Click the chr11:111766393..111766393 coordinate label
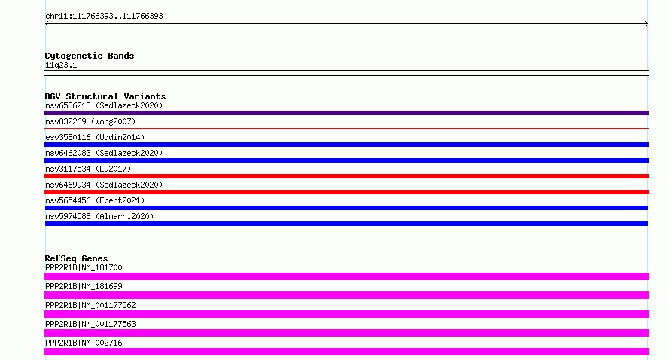pos(104,17)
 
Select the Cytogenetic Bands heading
pos(90,56)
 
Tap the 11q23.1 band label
pos(61,65)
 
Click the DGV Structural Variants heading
pos(105,96)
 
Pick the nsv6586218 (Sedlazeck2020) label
pos(104,105)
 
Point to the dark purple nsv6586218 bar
pos(346,113)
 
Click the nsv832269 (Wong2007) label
pos(90,121)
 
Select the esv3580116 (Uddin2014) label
pos(95,137)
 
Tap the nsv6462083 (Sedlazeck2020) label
pos(104,153)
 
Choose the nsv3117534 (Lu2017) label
pos(88,169)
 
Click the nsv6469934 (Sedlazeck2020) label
pos(104,185)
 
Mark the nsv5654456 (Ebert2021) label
pos(95,200)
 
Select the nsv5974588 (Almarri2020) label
pos(99,216)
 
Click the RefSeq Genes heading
pos(76,258)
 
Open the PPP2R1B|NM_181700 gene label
pos(84,267)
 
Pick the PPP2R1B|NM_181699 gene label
pos(84,286)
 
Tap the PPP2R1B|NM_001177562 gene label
pos(90,305)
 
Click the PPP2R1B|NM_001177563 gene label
pos(90,324)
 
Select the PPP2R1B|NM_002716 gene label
pos(84,343)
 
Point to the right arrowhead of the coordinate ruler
pos(647,24)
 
